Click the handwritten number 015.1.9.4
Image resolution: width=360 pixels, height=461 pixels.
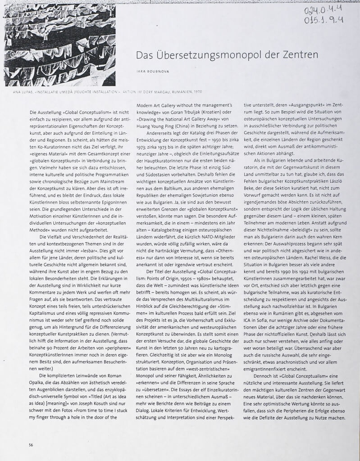coord(323,21)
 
